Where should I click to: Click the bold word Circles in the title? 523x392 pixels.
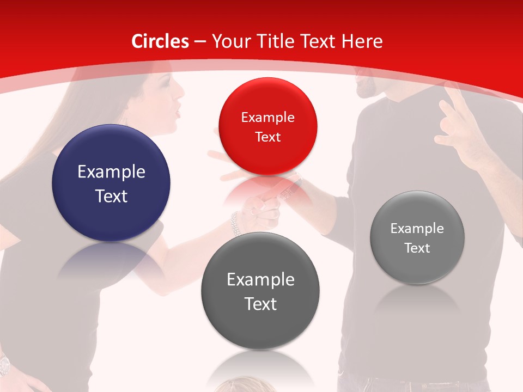[160, 41]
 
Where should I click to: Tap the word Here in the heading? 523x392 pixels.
[362, 41]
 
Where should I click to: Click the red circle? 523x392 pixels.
[267, 126]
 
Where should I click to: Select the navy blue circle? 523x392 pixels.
[111, 183]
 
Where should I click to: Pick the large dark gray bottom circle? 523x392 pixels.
[260, 291]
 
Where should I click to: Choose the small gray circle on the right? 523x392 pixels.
[417, 237]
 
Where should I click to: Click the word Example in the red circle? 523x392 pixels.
[267, 117]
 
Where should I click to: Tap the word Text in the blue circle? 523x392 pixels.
[111, 196]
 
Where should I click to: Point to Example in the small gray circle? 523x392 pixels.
[417, 228]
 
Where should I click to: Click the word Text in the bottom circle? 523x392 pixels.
[260, 304]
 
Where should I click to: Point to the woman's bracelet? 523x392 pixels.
[235, 223]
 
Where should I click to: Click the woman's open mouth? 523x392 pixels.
[177, 113]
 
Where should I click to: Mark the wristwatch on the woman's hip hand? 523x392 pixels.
[4, 364]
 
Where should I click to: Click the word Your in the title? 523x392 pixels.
[228, 41]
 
